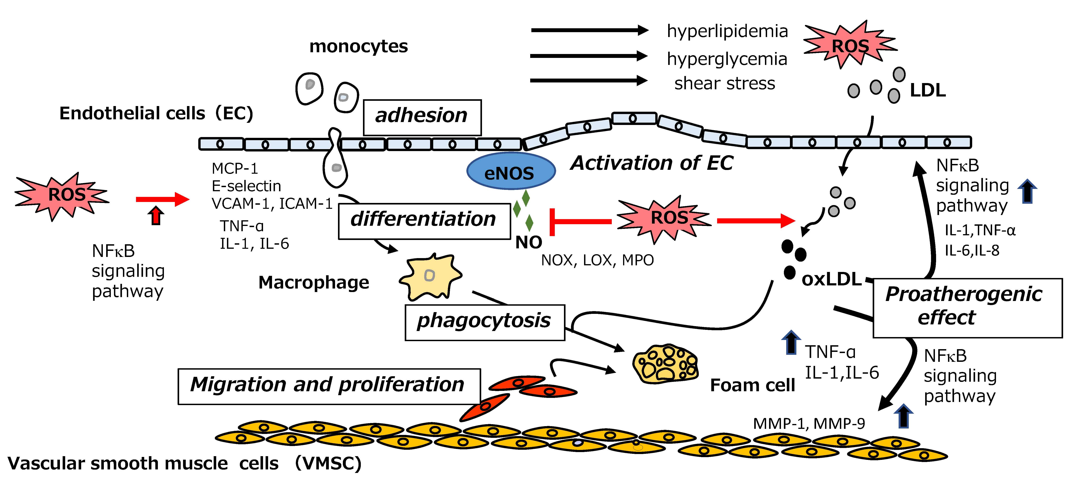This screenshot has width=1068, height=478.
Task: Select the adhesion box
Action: click(x=422, y=117)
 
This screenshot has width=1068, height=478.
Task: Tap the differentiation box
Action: click(x=424, y=221)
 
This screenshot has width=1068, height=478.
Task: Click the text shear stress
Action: click(x=725, y=83)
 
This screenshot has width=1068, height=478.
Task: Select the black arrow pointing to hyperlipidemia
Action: click(x=590, y=30)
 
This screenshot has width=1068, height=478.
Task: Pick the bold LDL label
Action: click(x=928, y=90)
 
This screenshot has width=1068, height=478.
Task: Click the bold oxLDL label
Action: click(x=832, y=280)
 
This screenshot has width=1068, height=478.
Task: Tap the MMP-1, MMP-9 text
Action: click(x=809, y=423)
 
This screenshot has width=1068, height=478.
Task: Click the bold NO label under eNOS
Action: click(x=529, y=242)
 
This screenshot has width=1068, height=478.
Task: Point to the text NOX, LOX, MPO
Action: click(x=598, y=260)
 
